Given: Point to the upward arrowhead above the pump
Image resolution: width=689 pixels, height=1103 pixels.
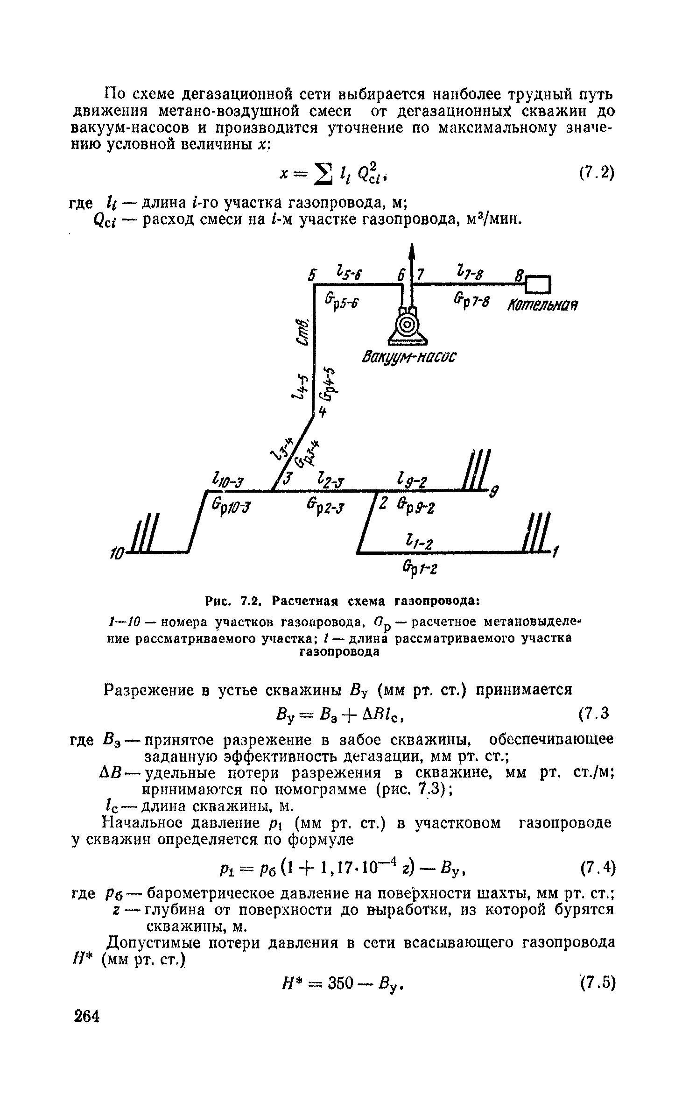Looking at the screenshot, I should (412, 253).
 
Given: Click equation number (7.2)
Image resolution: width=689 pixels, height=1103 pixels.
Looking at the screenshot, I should (597, 173).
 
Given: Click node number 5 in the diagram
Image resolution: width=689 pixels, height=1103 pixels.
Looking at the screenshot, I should (312, 276).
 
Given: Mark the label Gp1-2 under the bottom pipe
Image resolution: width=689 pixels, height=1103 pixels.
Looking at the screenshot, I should (418, 569).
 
